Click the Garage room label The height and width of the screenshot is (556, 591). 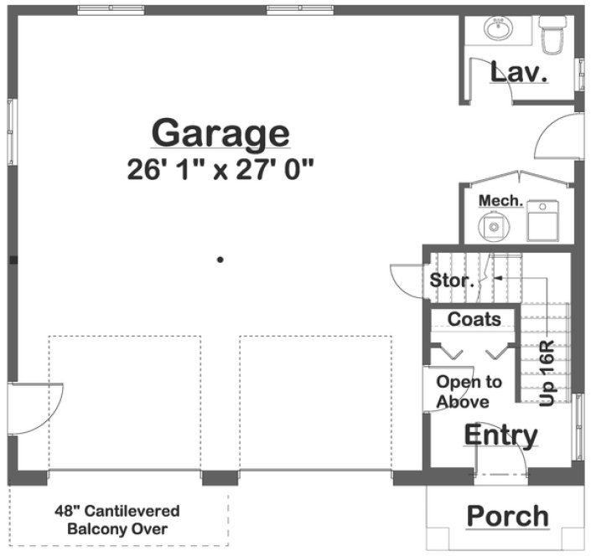tap(220, 133)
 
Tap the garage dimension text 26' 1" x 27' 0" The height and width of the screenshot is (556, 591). tap(220, 170)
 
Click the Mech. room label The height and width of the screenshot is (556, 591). tap(500, 201)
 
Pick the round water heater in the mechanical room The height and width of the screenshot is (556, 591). tap(493, 224)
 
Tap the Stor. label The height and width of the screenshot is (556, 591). tap(453, 281)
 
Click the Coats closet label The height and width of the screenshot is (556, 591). tap(474, 319)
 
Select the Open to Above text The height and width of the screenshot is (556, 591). tap(469, 392)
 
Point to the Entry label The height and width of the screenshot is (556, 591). tap(500, 435)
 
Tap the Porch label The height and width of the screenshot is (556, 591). tap(507, 516)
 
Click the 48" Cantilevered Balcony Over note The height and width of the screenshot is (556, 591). tap(117, 519)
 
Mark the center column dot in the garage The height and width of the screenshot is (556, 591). tap(220, 260)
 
